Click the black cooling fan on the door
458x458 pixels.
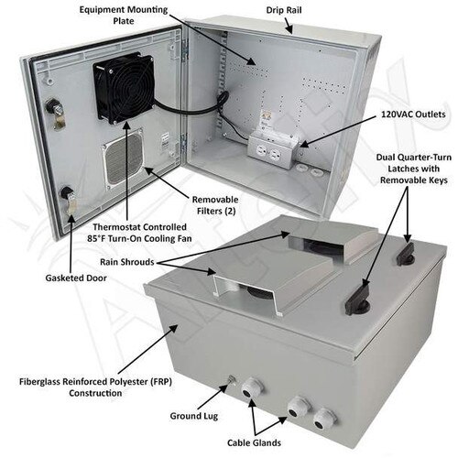point(124,89)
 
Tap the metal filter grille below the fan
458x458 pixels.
point(124,159)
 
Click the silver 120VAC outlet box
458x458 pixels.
point(273,149)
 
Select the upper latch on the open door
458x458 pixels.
point(55,114)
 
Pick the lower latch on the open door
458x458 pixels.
point(68,200)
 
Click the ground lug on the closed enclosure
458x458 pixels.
point(231,380)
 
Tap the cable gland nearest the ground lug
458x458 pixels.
point(253,388)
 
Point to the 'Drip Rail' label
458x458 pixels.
point(284,10)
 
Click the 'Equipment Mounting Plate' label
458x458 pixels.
point(124,16)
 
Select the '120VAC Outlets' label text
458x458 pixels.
point(413,114)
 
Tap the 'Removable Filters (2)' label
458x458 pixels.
point(215,205)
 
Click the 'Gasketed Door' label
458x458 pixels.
point(76,278)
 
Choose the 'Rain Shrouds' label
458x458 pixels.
point(127,262)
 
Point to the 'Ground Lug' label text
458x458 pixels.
point(194,416)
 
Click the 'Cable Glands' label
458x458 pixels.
point(254,442)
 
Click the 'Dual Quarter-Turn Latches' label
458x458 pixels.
point(414,169)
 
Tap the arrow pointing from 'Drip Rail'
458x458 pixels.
point(289,26)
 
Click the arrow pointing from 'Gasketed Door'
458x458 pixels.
point(71,242)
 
